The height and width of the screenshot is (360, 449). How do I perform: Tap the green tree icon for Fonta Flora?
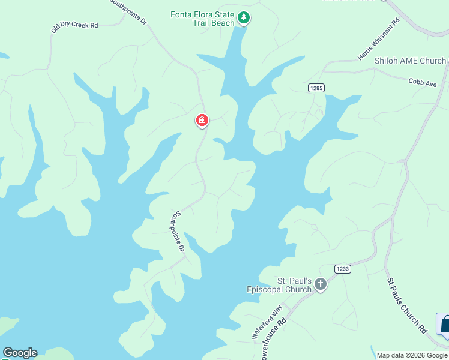243,18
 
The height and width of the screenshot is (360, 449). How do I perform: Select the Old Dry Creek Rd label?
74,26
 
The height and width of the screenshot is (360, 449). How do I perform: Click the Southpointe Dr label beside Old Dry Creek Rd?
128,12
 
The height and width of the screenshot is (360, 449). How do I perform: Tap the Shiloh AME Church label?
410,61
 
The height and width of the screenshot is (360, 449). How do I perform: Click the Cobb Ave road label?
423,82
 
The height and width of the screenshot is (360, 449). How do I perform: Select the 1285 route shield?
316,88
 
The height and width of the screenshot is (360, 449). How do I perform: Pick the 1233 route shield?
343,269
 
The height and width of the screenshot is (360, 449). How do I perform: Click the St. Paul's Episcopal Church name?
279,285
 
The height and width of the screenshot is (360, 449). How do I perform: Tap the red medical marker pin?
202,121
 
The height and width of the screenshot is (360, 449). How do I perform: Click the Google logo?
20,353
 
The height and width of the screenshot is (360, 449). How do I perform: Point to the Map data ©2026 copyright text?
412,355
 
